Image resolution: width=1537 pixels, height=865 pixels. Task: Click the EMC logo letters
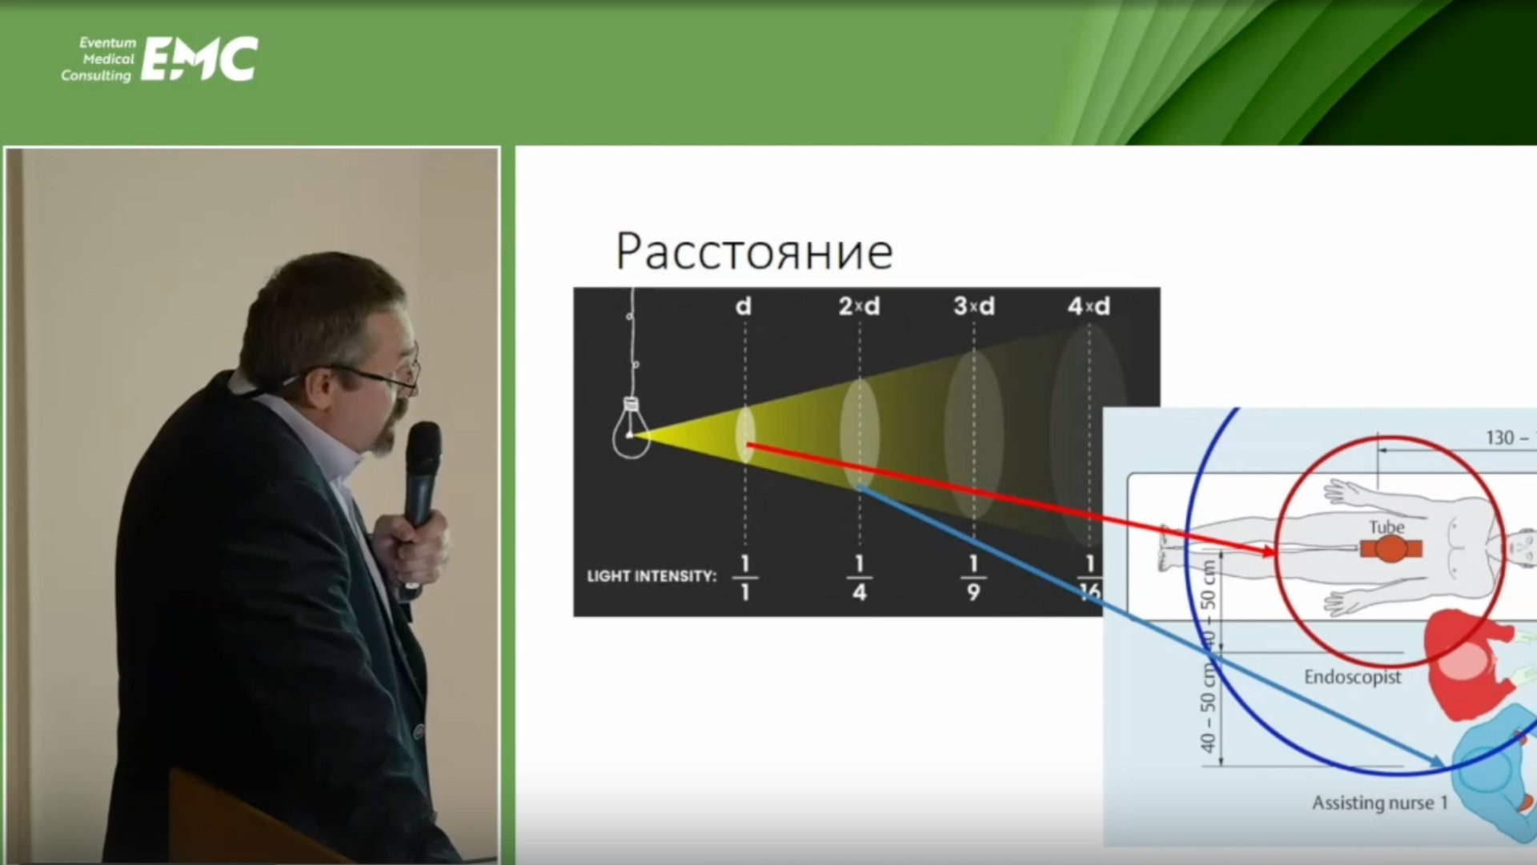coord(199,58)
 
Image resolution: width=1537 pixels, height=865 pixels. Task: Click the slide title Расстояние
coord(753,251)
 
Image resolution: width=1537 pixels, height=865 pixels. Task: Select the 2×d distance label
coord(859,306)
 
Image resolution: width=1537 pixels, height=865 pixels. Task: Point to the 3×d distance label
coord(973,306)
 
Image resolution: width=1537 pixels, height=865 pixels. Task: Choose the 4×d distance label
coord(1089,306)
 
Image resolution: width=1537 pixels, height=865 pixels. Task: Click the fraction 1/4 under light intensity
coord(859,578)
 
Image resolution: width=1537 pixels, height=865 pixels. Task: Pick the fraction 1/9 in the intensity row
coord(973,578)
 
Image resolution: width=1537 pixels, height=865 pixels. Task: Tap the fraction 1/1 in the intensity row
coord(744,578)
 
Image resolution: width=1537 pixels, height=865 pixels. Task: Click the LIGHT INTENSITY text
coord(652,576)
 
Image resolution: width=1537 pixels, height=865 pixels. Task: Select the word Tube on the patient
coord(1387,527)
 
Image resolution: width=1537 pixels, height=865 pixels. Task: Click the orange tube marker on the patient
coord(1391,549)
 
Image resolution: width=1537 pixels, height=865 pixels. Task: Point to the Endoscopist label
coord(1352,678)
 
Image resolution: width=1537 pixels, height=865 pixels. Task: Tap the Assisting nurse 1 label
coord(1379,803)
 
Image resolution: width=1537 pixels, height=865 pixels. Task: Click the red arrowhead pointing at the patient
coord(1268,551)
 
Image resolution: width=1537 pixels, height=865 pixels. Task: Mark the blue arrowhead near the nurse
coord(1437,762)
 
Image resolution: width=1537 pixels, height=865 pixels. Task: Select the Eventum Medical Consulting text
coord(99,59)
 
